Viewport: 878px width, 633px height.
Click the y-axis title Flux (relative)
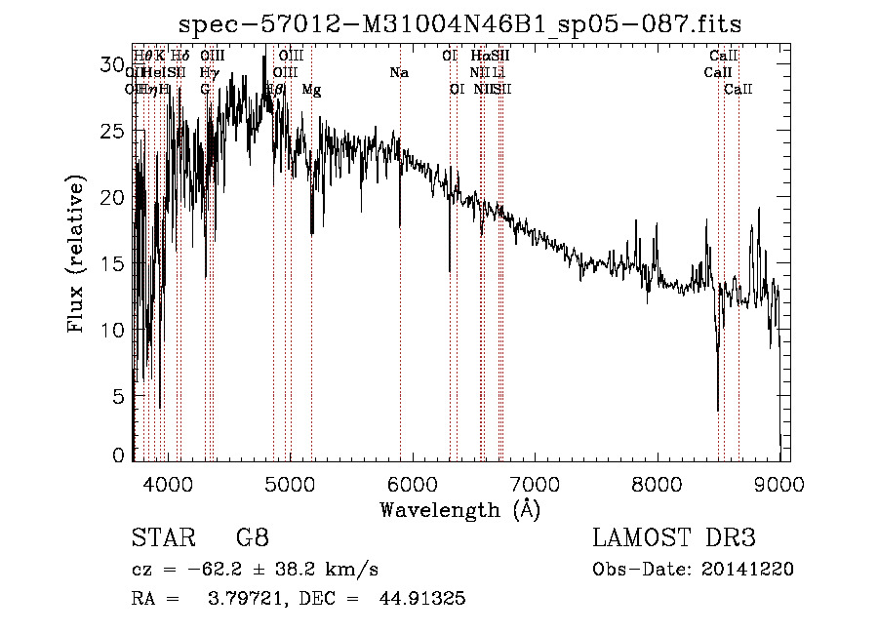[x=77, y=255]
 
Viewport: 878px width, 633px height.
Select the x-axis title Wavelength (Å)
[x=460, y=509]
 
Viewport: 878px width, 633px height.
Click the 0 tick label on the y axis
[x=119, y=455]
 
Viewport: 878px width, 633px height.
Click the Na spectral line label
[x=398, y=73]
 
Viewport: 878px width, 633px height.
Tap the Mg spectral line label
[x=311, y=90]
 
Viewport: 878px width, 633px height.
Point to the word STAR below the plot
[x=162, y=539]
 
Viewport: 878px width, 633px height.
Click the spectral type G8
[x=251, y=539]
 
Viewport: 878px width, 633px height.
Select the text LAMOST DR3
[x=674, y=539]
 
